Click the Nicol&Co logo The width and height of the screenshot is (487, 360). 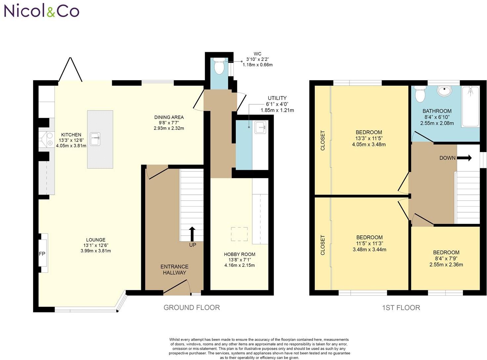[42, 11]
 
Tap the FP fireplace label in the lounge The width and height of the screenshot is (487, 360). [42, 254]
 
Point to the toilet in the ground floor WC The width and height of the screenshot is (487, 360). [219, 66]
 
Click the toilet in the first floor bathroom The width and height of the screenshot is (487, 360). [420, 94]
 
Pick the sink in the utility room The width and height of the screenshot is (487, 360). [260, 127]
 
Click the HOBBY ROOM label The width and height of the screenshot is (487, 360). [239, 254]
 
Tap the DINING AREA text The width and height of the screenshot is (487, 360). [169, 117]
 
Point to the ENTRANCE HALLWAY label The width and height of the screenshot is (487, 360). [174, 269]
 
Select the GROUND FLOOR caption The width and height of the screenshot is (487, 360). [191, 307]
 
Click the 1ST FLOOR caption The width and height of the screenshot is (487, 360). [401, 308]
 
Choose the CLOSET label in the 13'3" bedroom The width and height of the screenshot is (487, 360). [323, 140]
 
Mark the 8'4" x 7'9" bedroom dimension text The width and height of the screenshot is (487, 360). [446, 259]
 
